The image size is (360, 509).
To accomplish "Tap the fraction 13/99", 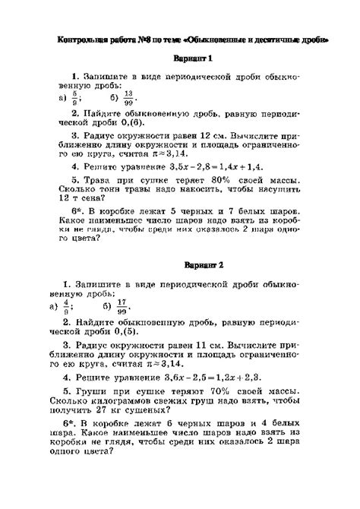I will click(x=131, y=98).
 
